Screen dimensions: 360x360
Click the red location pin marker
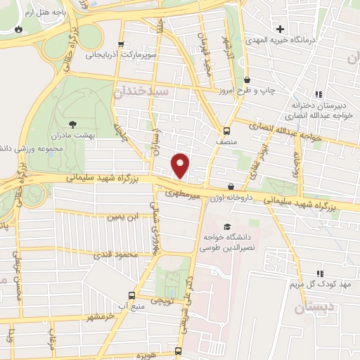click(181, 165)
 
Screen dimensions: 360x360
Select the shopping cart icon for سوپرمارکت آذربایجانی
click(122, 44)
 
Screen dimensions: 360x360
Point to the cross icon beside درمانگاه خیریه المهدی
click(280, 29)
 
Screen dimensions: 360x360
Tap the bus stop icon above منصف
click(226, 130)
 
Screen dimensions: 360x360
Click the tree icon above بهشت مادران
click(74, 124)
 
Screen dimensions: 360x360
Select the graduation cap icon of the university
click(226, 226)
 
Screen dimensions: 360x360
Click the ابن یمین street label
click(122, 217)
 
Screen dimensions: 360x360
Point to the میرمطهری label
click(184, 191)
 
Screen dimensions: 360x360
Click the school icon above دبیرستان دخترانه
click(319, 94)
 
